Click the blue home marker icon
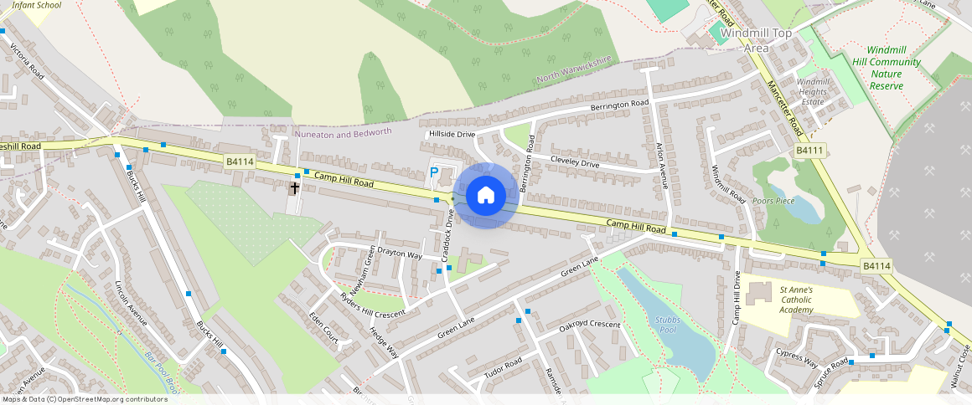pos(485,196)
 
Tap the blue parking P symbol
pos(434,172)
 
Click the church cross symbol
pos(294,187)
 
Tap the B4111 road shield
pos(810,150)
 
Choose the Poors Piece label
pos(773,202)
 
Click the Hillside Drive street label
pos(452,134)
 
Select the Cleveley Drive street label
pos(574,161)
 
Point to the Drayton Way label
pos(400,254)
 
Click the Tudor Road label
pos(503,372)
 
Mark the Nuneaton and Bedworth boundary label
pos(344,133)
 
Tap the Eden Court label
pos(323,330)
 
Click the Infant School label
pos(37,5)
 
